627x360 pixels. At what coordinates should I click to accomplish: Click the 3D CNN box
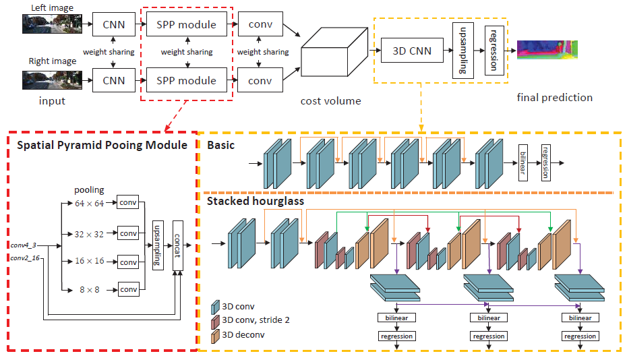pyautogui.click(x=412, y=49)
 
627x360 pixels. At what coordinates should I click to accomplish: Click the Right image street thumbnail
pyautogui.click(x=51, y=80)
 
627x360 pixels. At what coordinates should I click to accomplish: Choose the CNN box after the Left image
pyautogui.click(x=114, y=25)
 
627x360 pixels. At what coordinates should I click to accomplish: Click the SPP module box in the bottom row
pyautogui.click(x=186, y=81)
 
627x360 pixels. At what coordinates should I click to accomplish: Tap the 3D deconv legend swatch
pyautogui.click(x=216, y=334)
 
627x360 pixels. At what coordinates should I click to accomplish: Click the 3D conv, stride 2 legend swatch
pyautogui.click(x=216, y=320)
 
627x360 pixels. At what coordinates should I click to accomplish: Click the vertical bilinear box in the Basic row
pyautogui.click(x=522, y=162)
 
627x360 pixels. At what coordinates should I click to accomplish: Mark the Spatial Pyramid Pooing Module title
pyautogui.click(x=102, y=146)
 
